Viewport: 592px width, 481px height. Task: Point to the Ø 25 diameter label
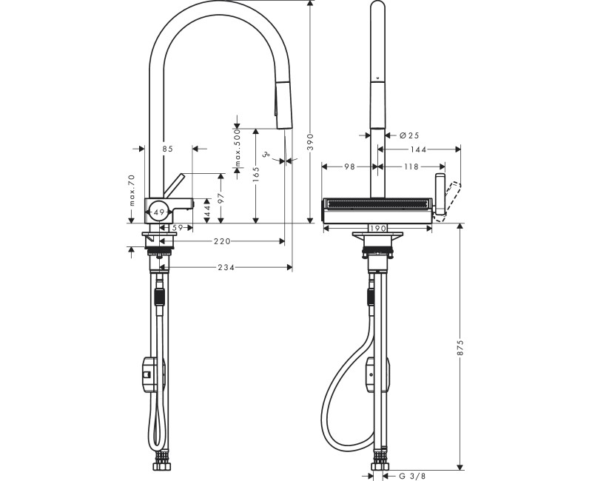pos(409,135)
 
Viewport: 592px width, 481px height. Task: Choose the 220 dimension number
pos(222,241)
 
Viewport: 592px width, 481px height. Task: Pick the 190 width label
pos(378,229)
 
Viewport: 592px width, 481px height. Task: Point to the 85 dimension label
pos(167,149)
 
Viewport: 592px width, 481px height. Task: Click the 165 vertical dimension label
pos(255,175)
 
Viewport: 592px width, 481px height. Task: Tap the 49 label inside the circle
pos(158,212)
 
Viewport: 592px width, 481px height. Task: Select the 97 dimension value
pos(219,198)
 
